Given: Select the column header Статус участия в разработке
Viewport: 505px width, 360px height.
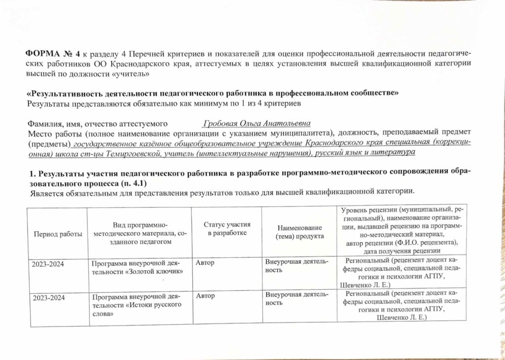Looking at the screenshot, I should [227, 229].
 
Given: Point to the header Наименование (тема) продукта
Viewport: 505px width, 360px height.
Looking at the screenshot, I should [299, 232].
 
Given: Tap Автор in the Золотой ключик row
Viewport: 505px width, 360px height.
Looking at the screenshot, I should [205, 263].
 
